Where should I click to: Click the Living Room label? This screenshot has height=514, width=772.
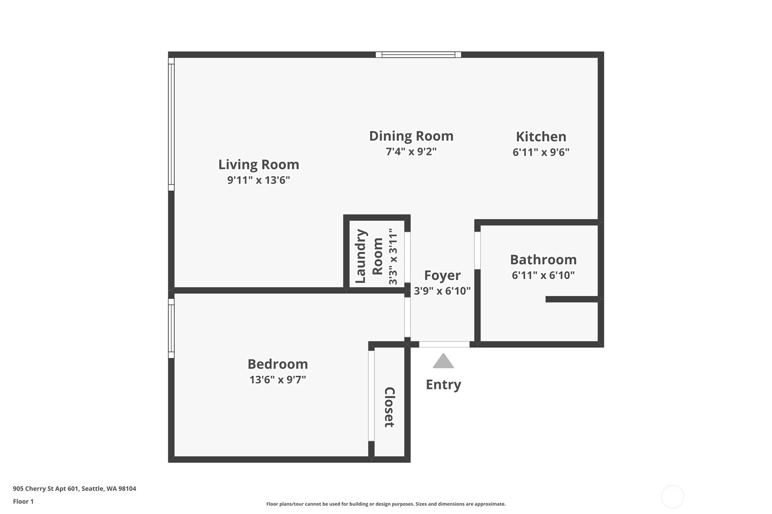[258, 165]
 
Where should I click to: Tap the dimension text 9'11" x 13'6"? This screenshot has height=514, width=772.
[258, 180]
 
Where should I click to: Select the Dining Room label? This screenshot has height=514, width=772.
[411, 136]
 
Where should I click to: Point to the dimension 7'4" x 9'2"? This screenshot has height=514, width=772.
[411, 151]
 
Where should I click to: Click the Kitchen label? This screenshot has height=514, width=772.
[540, 136]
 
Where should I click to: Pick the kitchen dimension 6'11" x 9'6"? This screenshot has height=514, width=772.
[540, 152]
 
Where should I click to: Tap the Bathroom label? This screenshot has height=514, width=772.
[543, 259]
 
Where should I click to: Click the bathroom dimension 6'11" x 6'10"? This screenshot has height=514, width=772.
[543, 275]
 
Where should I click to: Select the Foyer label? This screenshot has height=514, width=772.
[442, 275]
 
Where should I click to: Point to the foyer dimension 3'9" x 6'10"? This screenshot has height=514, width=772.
[442, 291]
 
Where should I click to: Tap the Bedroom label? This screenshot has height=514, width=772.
[278, 364]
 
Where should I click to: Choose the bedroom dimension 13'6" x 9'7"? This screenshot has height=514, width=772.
[278, 379]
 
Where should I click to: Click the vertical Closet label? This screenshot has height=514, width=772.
[389, 407]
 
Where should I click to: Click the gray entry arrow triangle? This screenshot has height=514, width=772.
[443, 362]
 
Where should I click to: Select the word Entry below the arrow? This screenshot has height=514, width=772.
[443, 384]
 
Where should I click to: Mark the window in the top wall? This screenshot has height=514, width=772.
[418, 55]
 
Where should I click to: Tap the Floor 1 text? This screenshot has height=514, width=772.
[23, 501]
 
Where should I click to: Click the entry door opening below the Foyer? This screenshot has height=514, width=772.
[444, 344]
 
